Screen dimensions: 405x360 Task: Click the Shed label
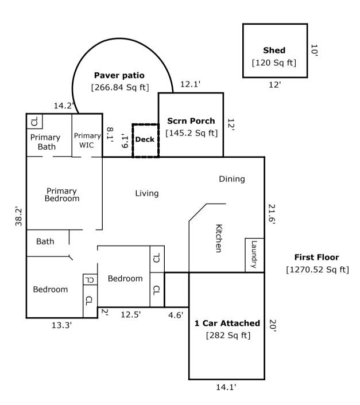click(274, 50)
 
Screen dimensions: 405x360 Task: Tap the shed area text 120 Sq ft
click(274, 62)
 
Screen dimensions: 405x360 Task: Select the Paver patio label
click(119, 75)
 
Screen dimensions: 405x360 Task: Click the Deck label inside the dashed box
click(144, 139)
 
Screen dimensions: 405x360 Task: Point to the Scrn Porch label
click(191, 121)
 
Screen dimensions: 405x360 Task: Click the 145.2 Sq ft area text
click(191, 133)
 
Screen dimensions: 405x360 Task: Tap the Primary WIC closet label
click(87, 140)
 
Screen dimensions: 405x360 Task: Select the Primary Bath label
click(45, 142)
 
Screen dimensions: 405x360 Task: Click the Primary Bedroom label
click(62, 194)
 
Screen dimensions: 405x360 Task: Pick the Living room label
click(146, 193)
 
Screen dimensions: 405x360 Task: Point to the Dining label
click(231, 179)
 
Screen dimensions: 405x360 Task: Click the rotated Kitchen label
click(219, 238)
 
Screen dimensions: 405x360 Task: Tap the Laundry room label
click(254, 254)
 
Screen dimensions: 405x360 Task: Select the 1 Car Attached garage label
click(227, 323)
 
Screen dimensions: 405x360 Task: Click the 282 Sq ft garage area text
click(227, 335)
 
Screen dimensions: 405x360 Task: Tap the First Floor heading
click(316, 258)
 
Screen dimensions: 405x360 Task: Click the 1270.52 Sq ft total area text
click(316, 270)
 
